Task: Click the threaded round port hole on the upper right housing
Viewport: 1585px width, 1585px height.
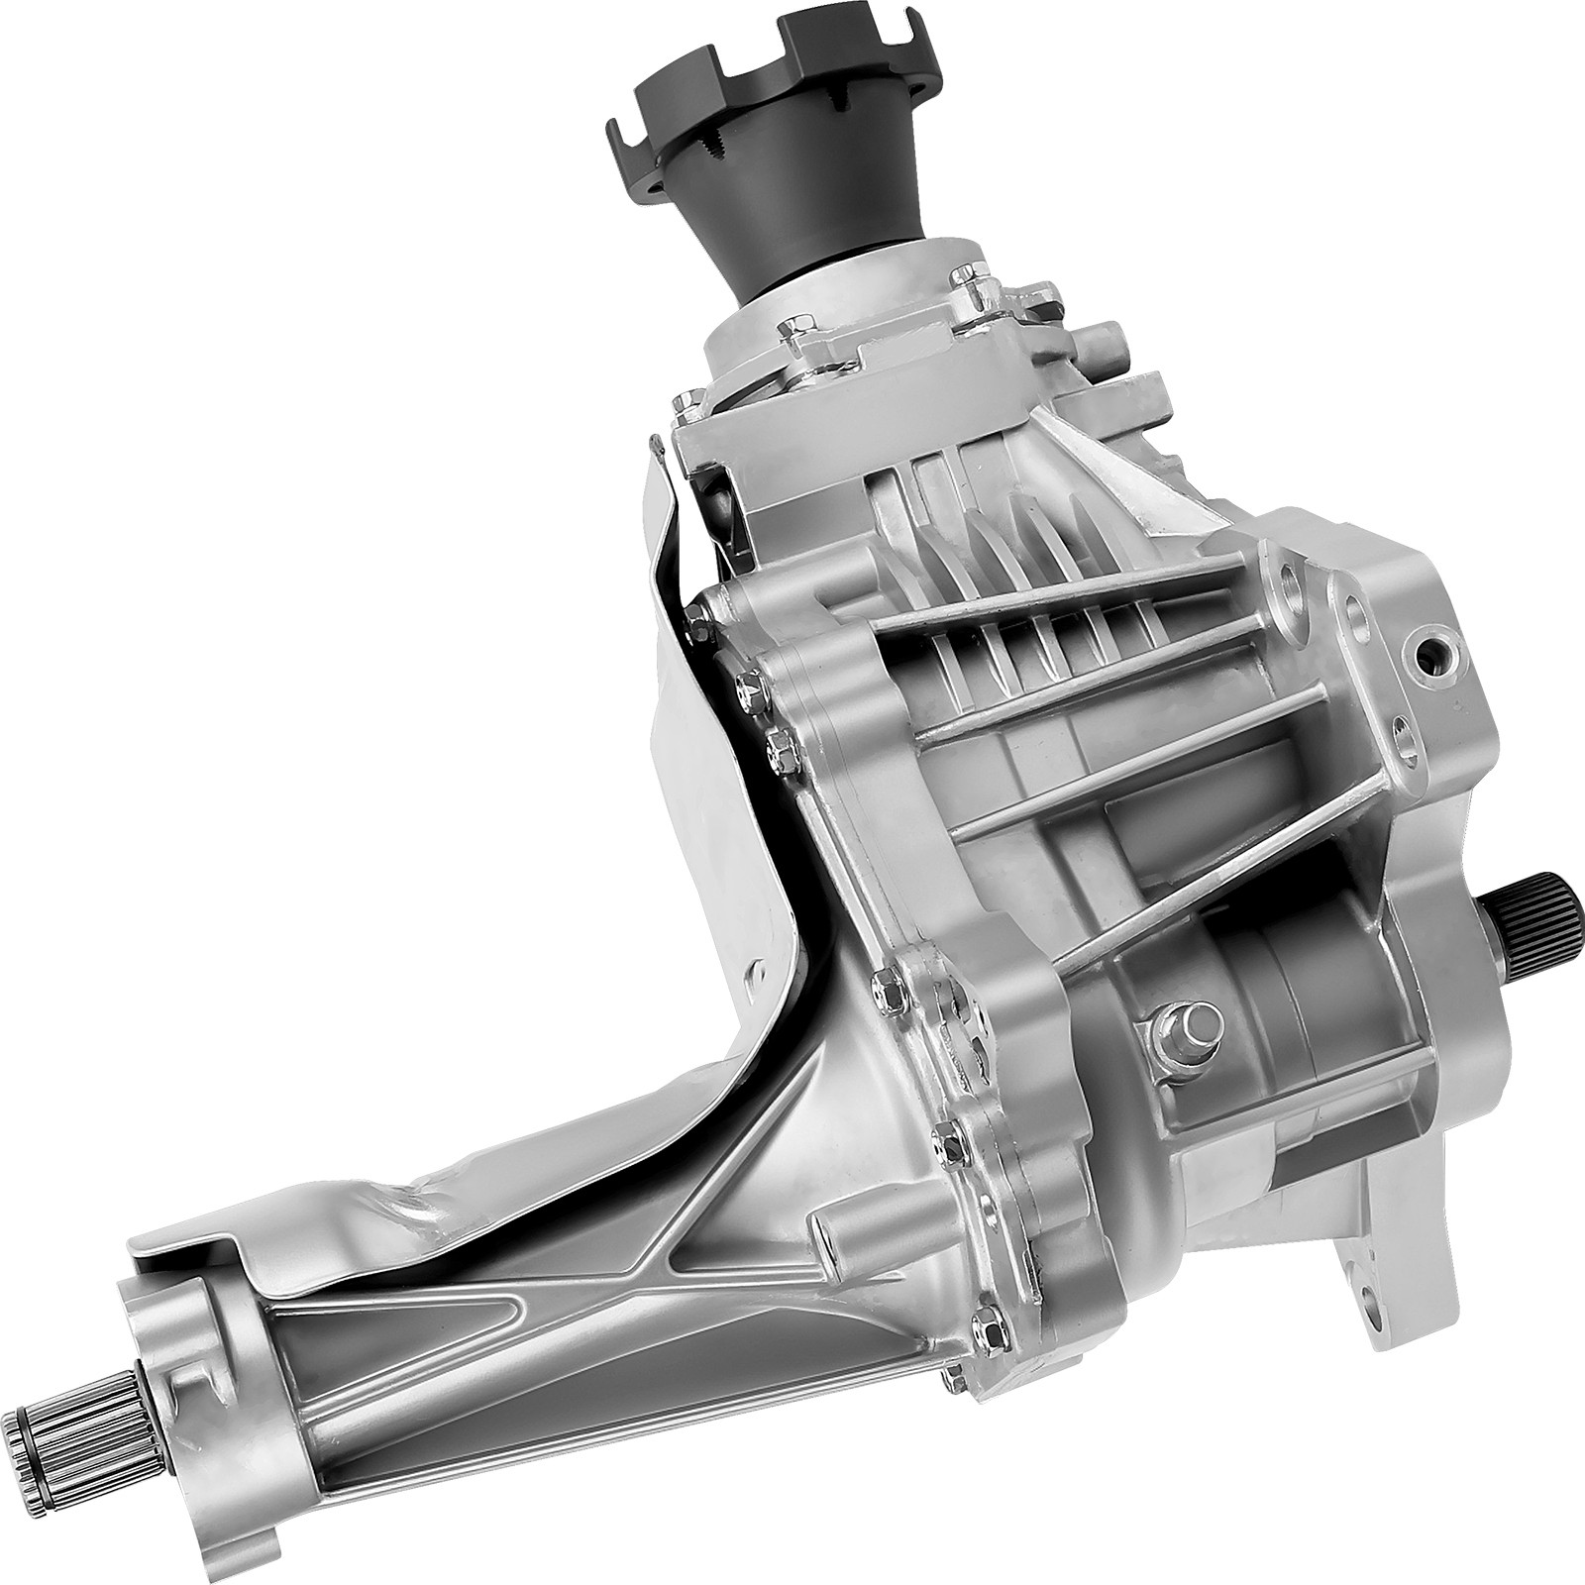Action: (x=1433, y=654)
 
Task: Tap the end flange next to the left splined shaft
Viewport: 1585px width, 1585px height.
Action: (x=188, y=1367)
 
